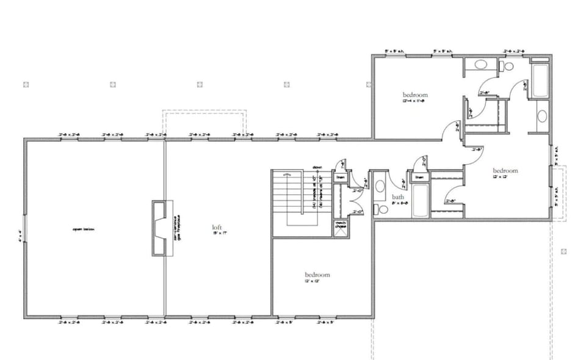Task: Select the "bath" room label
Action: point(398,197)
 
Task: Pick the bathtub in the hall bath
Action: point(421,201)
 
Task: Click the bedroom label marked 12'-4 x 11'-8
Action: point(414,98)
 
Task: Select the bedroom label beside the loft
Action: point(317,278)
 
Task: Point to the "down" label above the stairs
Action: point(317,166)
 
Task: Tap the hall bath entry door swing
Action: point(400,182)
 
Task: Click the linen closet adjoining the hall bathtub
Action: point(419,177)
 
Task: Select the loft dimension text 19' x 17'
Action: point(216,233)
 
